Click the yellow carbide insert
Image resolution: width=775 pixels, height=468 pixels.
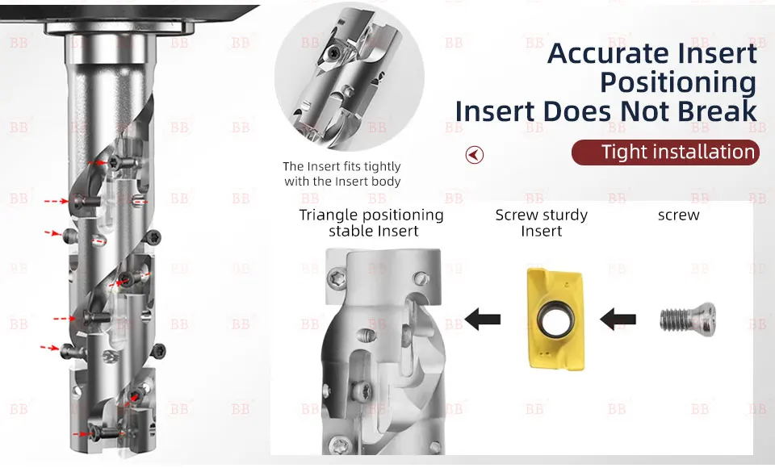[555, 319]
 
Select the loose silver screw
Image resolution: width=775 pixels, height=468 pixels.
[688, 320]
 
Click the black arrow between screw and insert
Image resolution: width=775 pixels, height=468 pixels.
[618, 320]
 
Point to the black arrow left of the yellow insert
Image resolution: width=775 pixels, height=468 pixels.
[483, 320]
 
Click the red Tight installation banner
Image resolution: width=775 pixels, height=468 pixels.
[665, 153]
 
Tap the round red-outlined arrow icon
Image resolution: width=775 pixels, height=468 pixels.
[475, 155]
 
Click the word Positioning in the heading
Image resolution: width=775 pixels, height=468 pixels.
[678, 82]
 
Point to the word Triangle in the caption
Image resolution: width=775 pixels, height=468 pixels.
[329, 215]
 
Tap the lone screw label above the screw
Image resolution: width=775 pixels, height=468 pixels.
[679, 215]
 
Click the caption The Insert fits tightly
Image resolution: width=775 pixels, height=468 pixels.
[341, 166]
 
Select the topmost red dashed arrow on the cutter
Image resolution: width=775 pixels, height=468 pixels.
[98, 162]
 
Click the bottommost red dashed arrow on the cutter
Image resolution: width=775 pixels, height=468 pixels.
[82, 434]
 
